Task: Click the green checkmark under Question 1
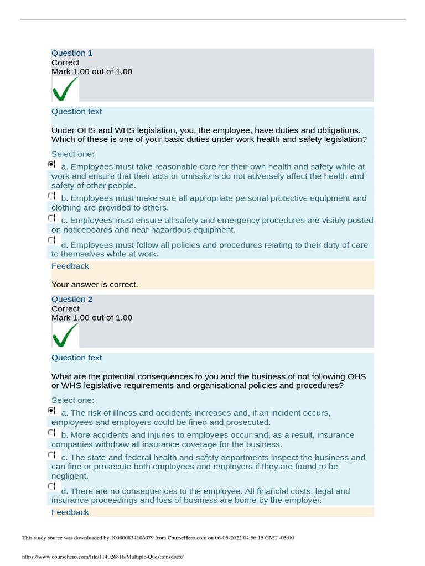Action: click(64, 89)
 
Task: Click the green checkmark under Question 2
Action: click(64, 335)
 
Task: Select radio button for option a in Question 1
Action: click(51, 165)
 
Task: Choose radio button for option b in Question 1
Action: click(51, 196)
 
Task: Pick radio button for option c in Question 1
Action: click(51, 218)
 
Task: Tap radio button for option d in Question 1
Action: click(51, 240)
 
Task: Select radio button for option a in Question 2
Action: click(51, 411)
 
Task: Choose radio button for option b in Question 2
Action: click(51, 433)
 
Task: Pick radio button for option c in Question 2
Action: click(51, 455)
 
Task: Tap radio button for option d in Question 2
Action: click(51, 486)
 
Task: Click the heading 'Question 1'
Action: click(72, 53)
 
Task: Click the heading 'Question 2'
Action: click(72, 300)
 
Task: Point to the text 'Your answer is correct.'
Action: click(95, 285)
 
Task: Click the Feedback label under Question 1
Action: click(70, 266)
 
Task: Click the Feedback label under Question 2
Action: click(70, 512)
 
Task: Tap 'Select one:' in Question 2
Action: click(72, 400)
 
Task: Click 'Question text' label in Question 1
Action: click(76, 112)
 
